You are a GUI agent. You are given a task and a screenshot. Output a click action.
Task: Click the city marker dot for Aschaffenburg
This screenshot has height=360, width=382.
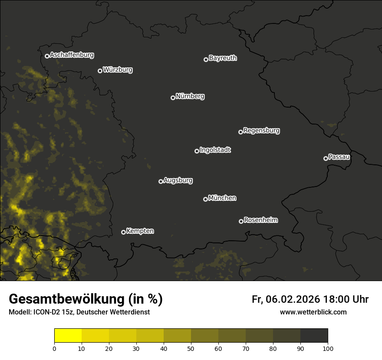point(47,56)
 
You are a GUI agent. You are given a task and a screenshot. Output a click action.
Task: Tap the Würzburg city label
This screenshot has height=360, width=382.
point(118,69)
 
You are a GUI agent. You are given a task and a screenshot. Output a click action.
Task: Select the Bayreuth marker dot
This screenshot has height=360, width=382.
point(206,59)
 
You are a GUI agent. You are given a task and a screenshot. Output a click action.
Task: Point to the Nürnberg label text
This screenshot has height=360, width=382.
point(190,96)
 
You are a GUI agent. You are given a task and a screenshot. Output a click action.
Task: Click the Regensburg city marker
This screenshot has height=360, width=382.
point(240,132)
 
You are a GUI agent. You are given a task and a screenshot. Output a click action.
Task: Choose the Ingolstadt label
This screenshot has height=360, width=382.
point(215,150)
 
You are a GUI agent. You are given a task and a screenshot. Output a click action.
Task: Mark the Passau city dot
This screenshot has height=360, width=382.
point(326,158)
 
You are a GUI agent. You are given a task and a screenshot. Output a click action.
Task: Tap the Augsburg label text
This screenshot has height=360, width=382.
point(178,180)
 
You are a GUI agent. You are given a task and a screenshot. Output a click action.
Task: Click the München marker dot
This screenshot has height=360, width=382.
point(205,199)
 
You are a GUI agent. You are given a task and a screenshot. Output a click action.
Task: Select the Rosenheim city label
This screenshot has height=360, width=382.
point(260,220)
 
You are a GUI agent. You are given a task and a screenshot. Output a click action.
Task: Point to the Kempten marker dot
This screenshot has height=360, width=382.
point(123,232)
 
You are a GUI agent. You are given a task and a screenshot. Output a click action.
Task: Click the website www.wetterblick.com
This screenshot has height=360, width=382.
point(313,312)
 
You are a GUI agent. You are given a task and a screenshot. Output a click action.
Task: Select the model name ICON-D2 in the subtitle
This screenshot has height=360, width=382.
point(43,312)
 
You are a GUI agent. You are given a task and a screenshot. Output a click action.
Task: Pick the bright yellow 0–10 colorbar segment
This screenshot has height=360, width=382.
point(68,336)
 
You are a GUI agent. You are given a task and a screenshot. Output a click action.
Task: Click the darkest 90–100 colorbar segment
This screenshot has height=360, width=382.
point(314,336)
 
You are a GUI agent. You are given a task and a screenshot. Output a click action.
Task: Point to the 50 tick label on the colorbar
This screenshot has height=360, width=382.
point(191,348)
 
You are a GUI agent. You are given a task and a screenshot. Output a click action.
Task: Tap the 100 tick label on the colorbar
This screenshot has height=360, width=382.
point(328,348)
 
